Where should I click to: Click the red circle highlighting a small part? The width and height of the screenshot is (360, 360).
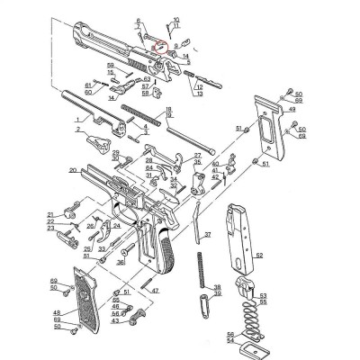point(159,41)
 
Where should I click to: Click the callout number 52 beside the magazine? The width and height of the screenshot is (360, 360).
point(259,256)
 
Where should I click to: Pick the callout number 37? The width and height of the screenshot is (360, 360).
point(208,234)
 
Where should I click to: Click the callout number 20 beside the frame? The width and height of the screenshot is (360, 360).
point(71,169)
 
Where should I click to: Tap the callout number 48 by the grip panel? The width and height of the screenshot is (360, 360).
point(57,310)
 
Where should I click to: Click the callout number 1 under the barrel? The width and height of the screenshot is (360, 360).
point(78,119)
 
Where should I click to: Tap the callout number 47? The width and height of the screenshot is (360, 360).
point(156,291)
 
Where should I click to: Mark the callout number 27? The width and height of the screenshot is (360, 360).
point(197,156)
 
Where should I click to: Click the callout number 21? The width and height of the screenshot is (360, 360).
point(53,213)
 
